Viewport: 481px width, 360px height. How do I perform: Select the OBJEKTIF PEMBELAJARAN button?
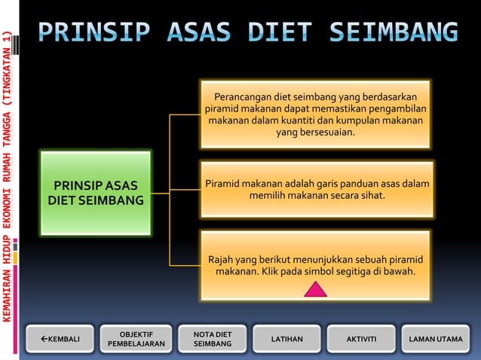point(136,339)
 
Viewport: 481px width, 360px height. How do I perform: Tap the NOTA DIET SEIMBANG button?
point(212,339)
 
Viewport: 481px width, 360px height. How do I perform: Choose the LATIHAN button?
point(286,339)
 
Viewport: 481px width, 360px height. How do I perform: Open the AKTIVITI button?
point(360,339)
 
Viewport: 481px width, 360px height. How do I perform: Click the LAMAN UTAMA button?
point(435,339)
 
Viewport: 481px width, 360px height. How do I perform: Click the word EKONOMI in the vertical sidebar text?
point(7,209)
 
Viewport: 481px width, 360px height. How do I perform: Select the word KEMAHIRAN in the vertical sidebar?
point(7,292)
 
